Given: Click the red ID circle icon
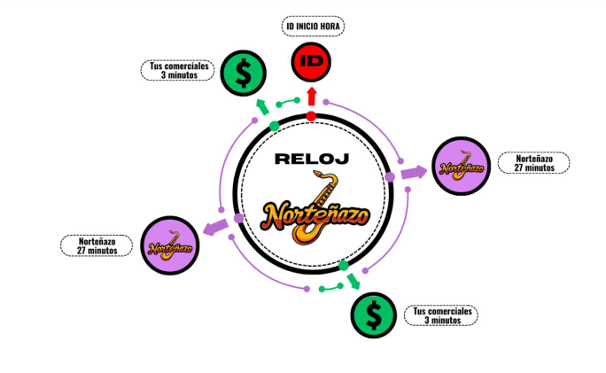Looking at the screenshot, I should click(x=311, y=61).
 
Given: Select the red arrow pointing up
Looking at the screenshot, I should click(x=311, y=96).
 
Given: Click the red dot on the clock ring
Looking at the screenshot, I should click(x=311, y=116).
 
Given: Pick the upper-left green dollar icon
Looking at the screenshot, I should click(x=239, y=71).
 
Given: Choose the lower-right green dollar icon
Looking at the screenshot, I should click(x=374, y=315).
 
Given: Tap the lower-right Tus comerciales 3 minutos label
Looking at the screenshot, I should click(x=444, y=315).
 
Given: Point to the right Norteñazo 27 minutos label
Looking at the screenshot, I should click(x=533, y=163).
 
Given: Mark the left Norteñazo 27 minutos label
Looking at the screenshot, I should click(x=97, y=245).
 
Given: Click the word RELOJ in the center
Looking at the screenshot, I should click(x=310, y=159).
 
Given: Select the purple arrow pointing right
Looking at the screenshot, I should click(x=412, y=172).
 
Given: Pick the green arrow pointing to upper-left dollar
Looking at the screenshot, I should click(x=263, y=107).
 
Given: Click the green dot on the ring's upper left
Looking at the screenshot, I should click(x=274, y=127).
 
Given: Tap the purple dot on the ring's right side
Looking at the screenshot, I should click(x=389, y=178).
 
